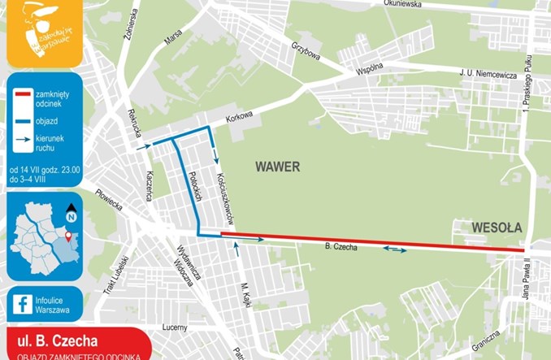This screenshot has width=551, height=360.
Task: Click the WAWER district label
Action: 277,167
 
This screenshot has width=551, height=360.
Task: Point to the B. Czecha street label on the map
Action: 341,246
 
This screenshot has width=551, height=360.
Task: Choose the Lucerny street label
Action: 175,327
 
